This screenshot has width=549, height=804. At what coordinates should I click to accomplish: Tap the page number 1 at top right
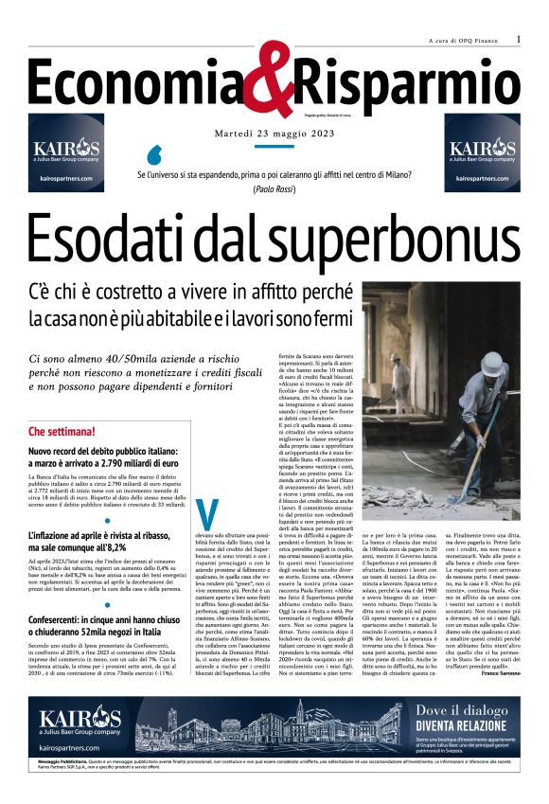(520, 39)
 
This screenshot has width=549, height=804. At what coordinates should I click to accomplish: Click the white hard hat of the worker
(491, 364)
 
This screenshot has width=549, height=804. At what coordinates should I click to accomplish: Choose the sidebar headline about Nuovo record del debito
(104, 458)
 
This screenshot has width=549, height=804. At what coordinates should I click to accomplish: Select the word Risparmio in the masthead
(408, 82)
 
